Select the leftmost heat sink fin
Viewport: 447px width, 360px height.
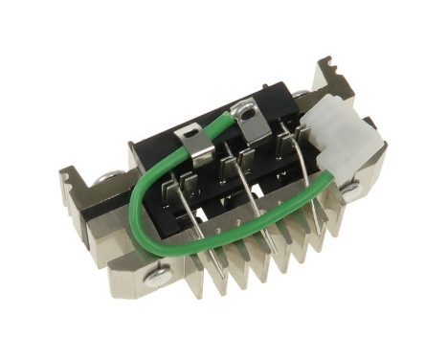[212, 273]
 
